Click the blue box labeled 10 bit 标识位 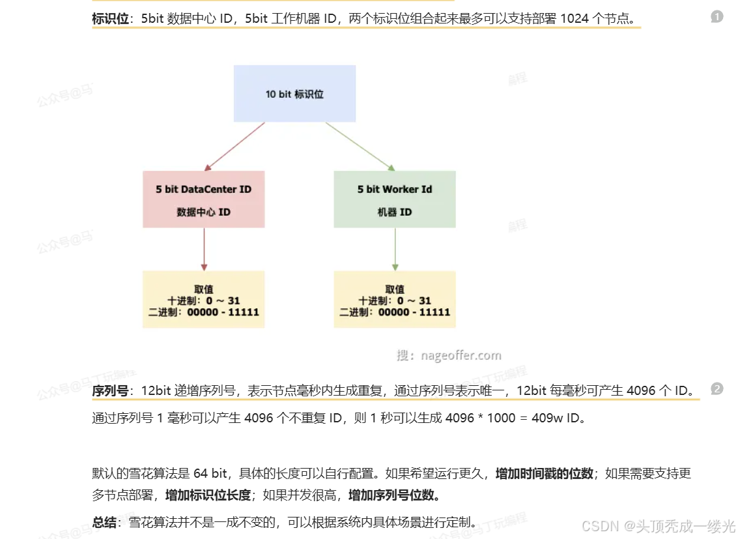pyautogui.click(x=294, y=94)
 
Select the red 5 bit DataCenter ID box pyautogui.click(x=203, y=199)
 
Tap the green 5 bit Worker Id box pyautogui.click(x=395, y=199)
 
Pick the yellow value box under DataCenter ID pyautogui.click(x=203, y=300)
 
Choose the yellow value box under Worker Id pyautogui.click(x=395, y=300)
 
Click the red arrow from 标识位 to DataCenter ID pyautogui.click(x=234, y=147)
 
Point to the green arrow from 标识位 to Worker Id pyautogui.click(x=360, y=147)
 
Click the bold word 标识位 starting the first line pyautogui.click(x=111, y=18)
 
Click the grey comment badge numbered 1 pyautogui.click(x=717, y=17)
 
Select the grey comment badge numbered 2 pyautogui.click(x=717, y=389)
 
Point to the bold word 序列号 pyautogui.click(x=111, y=391)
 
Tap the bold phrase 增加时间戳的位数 pyautogui.click(x=545, y=474)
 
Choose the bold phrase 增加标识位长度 pyautogui.click(x=208, y=495)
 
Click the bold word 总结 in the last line pyautogui.click(x=104, y=522)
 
